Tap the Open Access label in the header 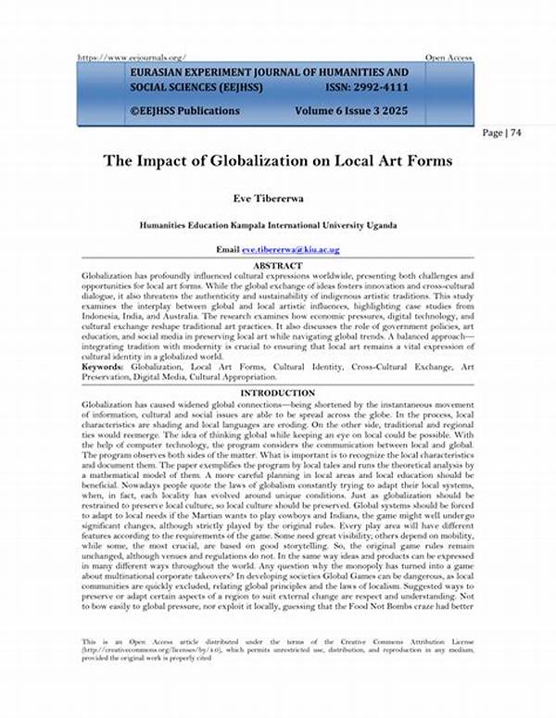coord(449,57)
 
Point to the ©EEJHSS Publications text coord(185,111)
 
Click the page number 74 coord(514,132)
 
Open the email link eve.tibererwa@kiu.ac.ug coord(291,250)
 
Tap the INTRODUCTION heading coord(278,395)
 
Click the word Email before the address coord(228,250)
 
